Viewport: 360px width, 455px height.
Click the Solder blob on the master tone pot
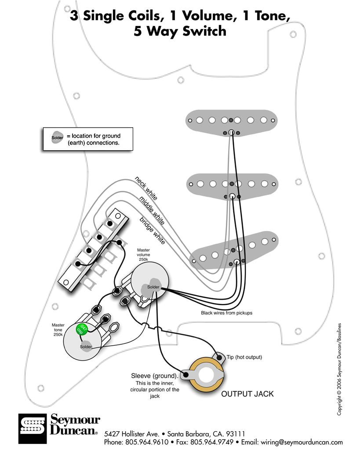tap(86, 346)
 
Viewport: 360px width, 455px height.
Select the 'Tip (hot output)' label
tap(244, 357)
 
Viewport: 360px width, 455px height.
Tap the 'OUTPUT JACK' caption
tap(247, 394)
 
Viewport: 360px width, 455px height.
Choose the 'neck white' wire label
tap(146, 188)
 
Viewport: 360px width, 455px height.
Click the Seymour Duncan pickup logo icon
tap(32, 428)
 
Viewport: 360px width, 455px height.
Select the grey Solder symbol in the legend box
tap(57, 137)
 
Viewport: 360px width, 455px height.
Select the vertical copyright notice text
tap(339, 369)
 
